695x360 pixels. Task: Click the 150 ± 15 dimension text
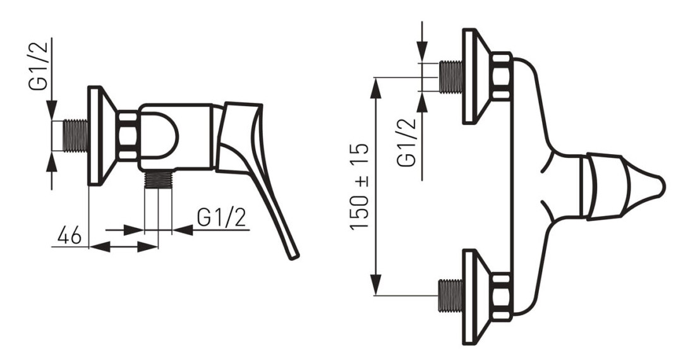point(359,186)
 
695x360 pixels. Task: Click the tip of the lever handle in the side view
point(294,257)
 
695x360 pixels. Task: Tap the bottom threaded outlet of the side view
point(158,179)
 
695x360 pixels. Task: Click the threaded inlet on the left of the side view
point(75,135)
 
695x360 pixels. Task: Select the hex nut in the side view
point(128,135)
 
